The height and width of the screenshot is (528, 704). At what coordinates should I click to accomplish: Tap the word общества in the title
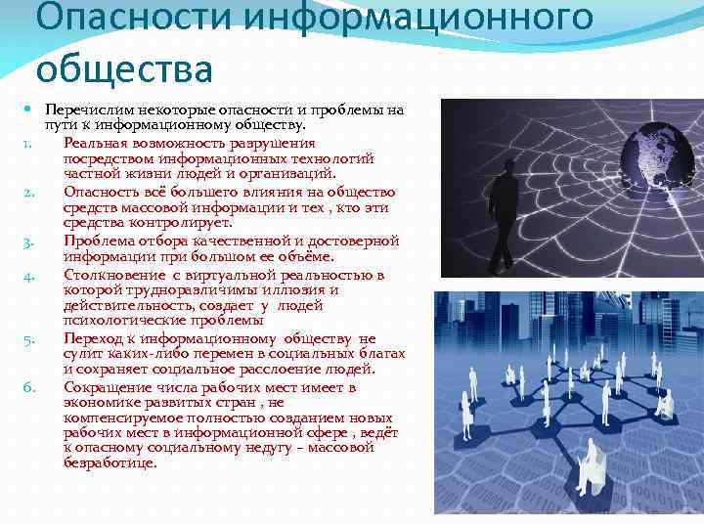[124, 68]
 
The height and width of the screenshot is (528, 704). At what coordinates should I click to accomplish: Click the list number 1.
[30, 145]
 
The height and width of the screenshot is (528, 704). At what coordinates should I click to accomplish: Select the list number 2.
[30, 193]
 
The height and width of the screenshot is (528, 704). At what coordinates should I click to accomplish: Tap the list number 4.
[30, 276]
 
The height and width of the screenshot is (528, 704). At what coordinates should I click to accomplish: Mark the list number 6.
[30, 388]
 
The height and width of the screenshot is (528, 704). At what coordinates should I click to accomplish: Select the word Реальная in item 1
[94, 143]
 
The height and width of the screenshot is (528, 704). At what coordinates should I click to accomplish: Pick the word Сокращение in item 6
[106, 387]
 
